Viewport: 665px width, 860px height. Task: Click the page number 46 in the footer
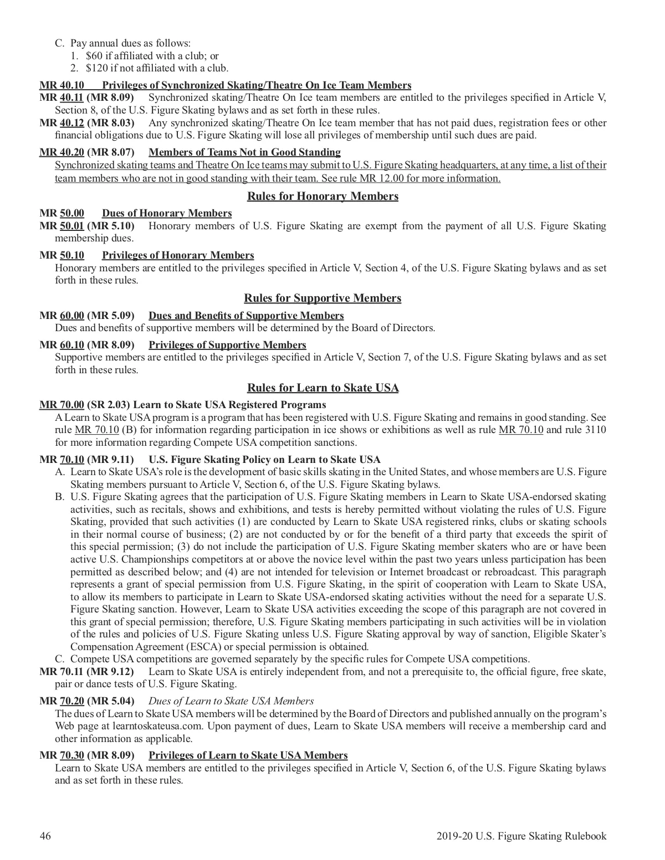point(45,836)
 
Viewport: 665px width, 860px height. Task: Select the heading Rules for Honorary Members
point(323,196)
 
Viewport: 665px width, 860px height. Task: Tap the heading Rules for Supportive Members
point(323,298)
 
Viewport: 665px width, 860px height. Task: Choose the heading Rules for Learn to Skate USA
point(323,388)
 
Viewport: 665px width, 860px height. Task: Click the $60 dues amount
point(94,55)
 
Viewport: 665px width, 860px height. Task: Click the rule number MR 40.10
point(62,85)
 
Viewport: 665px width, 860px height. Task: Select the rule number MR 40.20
point(62,152)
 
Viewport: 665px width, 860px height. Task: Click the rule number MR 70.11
point(62,672)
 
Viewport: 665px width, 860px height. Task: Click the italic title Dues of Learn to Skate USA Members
point(231,701)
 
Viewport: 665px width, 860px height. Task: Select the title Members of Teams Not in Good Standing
point(244,152)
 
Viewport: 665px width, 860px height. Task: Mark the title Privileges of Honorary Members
point(178,255)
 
